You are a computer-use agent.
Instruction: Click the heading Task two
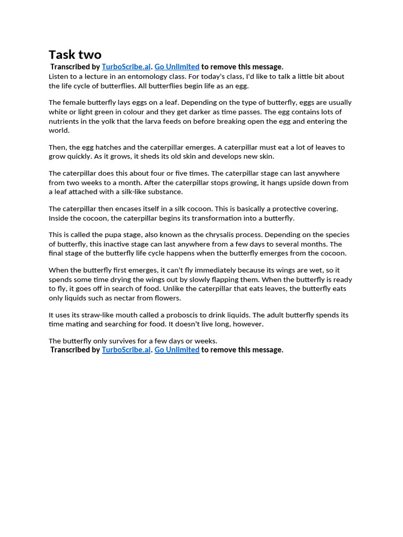tap(75, 55)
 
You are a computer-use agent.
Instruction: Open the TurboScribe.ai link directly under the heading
tap(126, 67)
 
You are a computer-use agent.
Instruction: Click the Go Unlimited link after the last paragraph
tap(177, 350)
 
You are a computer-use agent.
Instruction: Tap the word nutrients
tap(65, 121)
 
